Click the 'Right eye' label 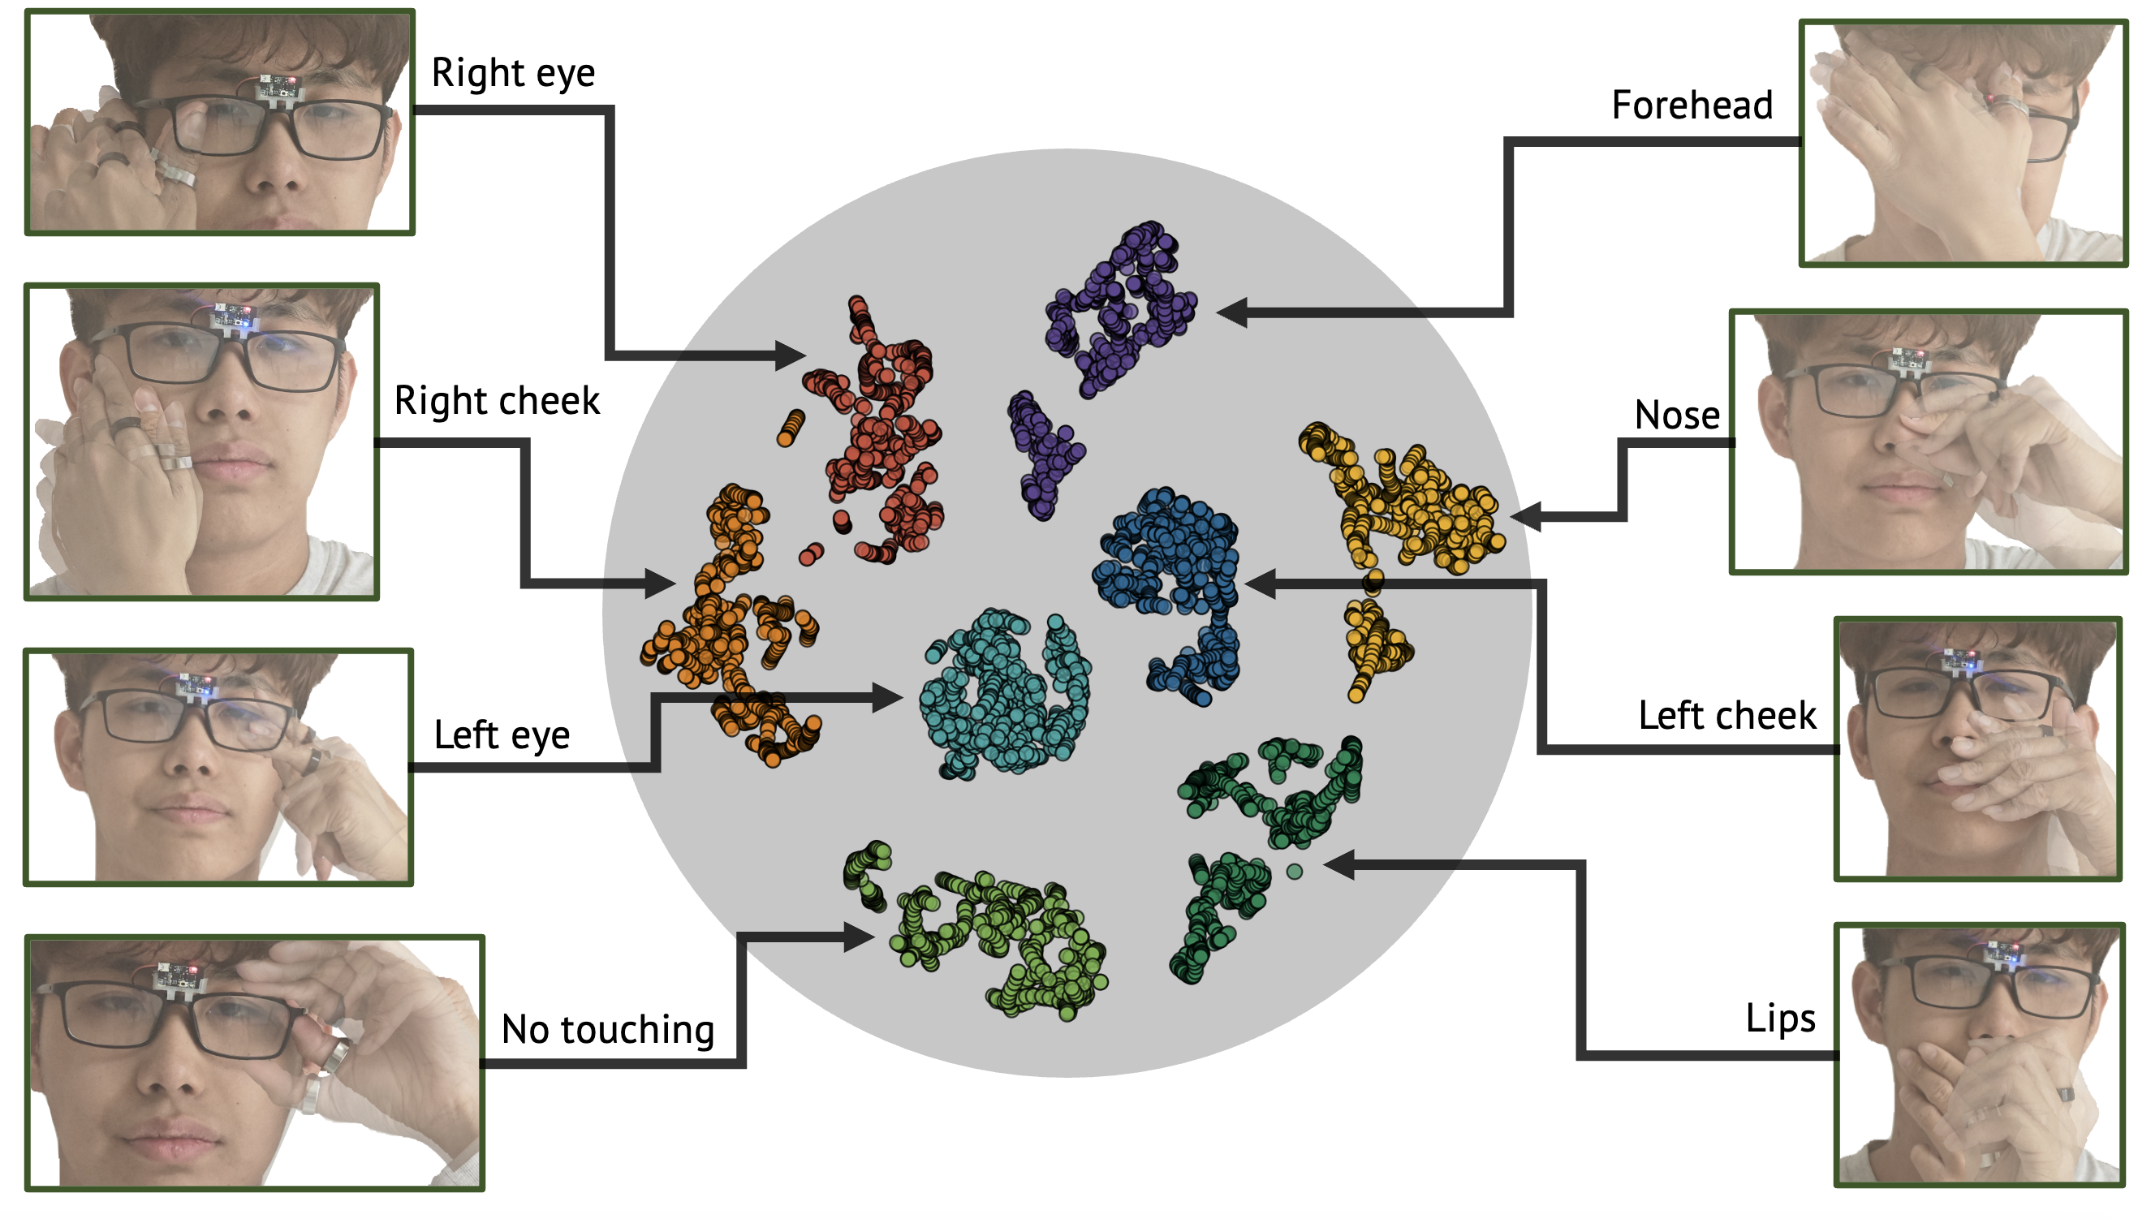pyautogui.click(x=512, y=74)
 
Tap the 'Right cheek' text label pyautogui.click(x=497, y=401)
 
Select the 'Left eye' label pyautogui.click(x=501, y=735)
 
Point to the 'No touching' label pyautogui.click(x=607, y=1030)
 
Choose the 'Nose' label pyautogui.click(x=1676, y=416)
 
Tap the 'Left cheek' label pyautogui.click(x=1726, y=716)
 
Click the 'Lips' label pyautogui.click(x=1779, y=1019)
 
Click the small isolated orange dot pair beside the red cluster pyautogui.click(x=790, y=428)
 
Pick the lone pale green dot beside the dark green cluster pyautogui.click(x=1294, y=872)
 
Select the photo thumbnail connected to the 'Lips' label pyautogui.click(x=1979, y=1055)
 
